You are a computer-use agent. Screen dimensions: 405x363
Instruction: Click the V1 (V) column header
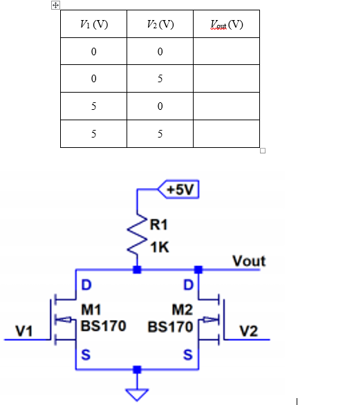pyautogui.click(x=93, y=25)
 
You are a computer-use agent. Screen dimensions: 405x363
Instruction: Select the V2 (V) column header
pyautogui.click(x=160, y=25)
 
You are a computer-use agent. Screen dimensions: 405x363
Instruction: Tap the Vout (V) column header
pyautogui.click(x=226, y=25)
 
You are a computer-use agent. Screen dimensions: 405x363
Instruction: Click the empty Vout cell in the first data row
pyautogui.click(x=226, y=52)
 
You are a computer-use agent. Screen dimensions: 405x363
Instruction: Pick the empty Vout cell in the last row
pyautogui.click(x=226, y=133)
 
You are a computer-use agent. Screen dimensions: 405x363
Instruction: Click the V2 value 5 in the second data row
pyautogui.click(x=160, y=79)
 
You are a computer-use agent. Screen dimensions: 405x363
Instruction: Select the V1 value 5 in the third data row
pyautogui.click(x=93, y=106)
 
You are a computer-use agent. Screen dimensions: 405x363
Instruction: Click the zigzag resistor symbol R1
pyautogui.click(x=138, y=235)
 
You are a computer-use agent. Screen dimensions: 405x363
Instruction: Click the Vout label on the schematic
pyautogui.click(x=249, y=261)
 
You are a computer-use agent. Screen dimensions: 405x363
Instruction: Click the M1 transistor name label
pyautogui.click(x=91, y=309)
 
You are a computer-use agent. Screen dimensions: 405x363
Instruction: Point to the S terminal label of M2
pyautogui.click(x=187, y=355)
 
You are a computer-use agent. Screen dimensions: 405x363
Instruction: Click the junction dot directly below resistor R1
pyautogui.click(x=138, y=270)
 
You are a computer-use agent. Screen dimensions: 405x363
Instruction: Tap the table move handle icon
pyautogui.click(x=55, y=5)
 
